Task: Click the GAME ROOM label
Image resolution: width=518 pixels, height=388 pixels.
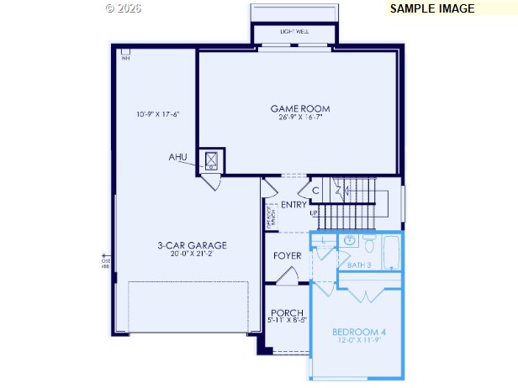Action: (300, 108)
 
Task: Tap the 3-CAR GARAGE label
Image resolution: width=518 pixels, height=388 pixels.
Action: (193, 245)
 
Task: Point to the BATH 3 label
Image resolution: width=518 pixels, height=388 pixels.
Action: (359, 265)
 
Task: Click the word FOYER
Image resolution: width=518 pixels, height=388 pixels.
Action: (288, 255)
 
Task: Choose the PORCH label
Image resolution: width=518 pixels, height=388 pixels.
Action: (287, 312)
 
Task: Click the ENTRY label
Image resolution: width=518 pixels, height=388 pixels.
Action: (294, 205)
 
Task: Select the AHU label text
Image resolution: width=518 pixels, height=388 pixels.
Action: (177, 157)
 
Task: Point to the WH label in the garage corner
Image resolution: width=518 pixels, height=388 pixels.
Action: (125, 58)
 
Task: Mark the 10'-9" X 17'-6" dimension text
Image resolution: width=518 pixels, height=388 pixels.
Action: (158, 114)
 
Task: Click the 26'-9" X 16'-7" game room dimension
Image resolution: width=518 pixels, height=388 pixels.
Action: (300, 118)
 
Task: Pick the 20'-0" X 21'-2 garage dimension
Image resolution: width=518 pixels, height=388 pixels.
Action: (193, 254)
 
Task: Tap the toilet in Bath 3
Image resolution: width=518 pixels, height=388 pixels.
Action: (368, 244)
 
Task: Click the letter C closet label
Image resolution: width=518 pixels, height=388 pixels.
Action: (315, 191)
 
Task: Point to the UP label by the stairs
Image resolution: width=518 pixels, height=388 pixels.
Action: (314, 212)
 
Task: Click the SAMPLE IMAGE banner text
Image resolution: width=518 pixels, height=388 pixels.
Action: (432, 8)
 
